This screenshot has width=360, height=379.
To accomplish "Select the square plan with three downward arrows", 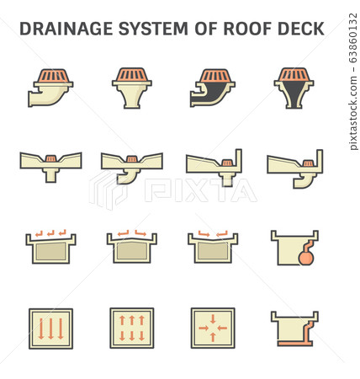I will coord(51,328).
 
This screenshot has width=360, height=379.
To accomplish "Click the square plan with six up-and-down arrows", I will coord(132,328).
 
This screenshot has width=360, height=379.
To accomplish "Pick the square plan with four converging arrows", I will coord(213,328).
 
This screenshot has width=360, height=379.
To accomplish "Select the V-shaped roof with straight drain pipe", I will coord(51,167).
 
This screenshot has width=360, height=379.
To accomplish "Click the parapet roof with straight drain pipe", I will coord(213,167).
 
